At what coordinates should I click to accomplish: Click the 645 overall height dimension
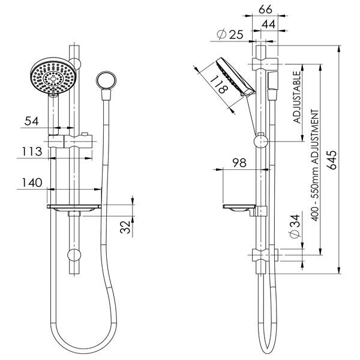point(332,160)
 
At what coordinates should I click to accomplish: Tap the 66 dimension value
point(265,10)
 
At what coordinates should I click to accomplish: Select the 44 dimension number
point(268,24)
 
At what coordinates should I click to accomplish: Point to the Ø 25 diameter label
point(230,35)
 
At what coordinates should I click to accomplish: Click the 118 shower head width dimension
point(219,84)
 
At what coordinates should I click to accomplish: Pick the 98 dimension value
point(239,163)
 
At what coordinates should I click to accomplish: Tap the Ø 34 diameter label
point(295,227)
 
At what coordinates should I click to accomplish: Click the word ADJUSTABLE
point(297,97)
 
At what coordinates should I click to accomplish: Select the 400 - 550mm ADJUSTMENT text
point(315,166)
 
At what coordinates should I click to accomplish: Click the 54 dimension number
point(31,121)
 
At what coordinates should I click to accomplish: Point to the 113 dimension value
point(32,152)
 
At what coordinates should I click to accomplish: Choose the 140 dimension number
point(32,182)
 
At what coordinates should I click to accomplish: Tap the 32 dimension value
point(125,227)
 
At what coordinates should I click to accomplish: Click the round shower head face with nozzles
point(53,76)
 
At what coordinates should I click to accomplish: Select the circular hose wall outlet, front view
point(106,81)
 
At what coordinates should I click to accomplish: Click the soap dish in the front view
point(74,208)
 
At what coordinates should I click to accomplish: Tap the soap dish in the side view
point(239,208)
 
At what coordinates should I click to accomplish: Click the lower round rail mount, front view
point(74,255)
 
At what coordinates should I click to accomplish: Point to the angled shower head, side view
point(235,77)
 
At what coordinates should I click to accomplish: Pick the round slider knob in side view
point(261,142)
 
